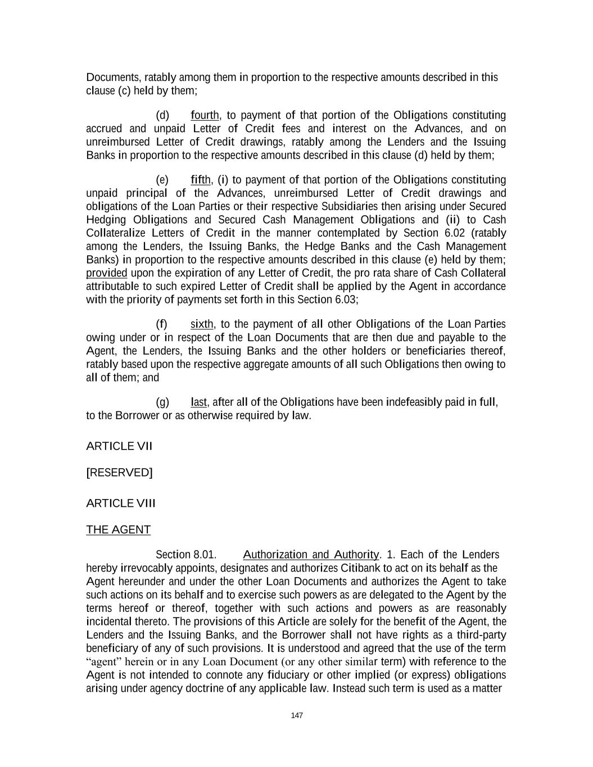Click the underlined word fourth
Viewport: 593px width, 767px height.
pos(205,116)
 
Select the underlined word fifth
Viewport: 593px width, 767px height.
pos(201,180)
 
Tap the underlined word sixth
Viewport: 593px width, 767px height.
pos(202,324)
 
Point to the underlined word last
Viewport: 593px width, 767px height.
pos(198,402)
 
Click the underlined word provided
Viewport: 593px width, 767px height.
pos(106,273)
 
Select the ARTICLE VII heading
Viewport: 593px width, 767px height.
pos(119,446)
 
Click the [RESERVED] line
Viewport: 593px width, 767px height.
pos(119,473)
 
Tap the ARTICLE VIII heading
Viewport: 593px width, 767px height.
pos(120,503)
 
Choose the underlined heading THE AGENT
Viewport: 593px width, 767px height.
pos(118,530)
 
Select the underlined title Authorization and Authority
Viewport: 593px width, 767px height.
pos(311,555)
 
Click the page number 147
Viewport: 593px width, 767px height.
pos(297,715)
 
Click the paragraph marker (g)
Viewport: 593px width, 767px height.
pos(162,402)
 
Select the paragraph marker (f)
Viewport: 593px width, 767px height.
pos(162,324)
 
